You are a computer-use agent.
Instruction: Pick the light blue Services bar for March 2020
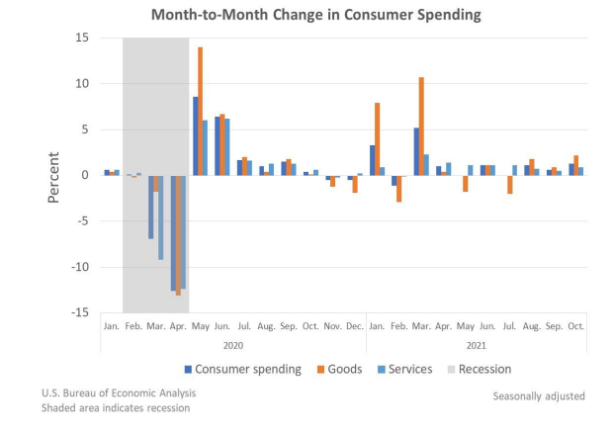click(x=161, y=217)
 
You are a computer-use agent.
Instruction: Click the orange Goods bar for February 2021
click(x=399, y=188)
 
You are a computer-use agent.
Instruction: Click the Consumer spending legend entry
click(x=242, y=369)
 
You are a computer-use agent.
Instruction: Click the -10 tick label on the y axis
click(x=78, y=267)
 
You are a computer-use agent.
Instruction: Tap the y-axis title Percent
click(x=55, y=176)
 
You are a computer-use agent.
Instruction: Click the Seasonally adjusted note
click(x=539, y=395)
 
